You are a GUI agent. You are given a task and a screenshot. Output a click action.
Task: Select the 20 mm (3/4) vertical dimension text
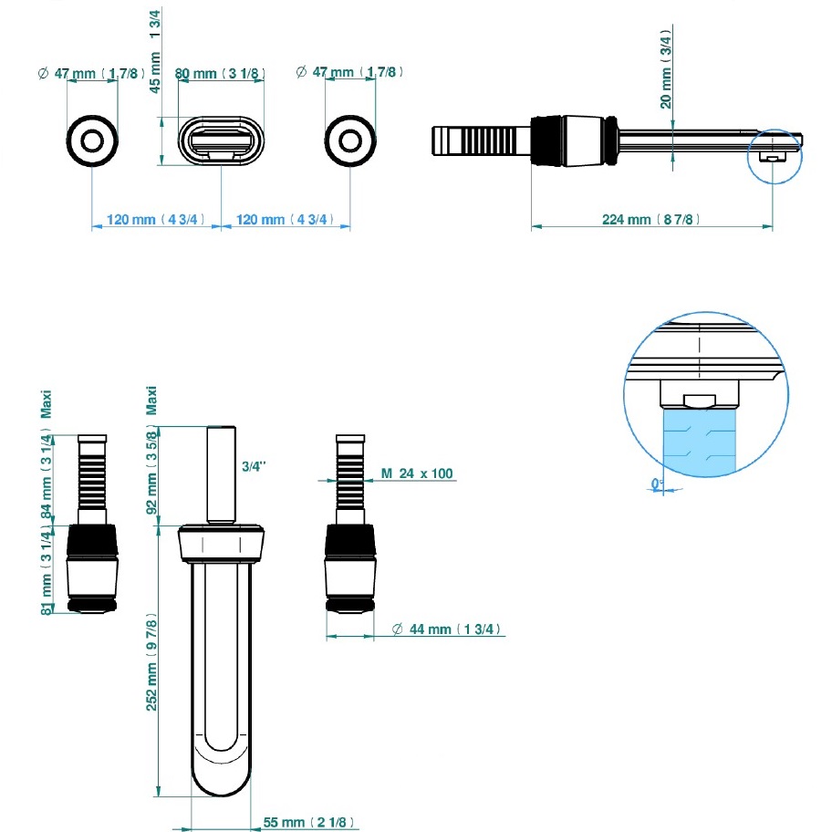(667, 68)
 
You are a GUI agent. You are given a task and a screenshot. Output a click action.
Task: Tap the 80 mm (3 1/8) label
(219, 72)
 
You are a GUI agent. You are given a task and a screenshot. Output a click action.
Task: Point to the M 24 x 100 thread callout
(418, 473)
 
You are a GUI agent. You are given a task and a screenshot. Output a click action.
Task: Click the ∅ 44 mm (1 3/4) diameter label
(447, 629)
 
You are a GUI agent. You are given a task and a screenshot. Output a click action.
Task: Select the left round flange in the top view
(92, 140)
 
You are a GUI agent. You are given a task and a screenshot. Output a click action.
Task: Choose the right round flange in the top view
(349, 140)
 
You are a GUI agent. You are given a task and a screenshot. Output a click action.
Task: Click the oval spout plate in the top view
(221, 140)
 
